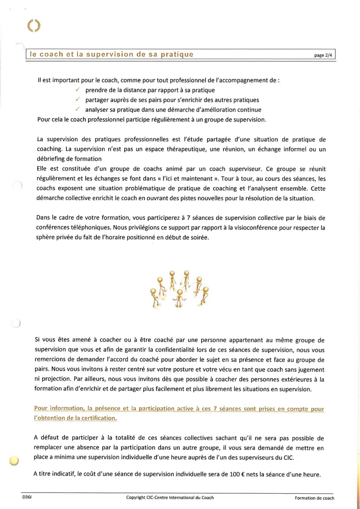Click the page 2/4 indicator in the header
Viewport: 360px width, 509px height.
coord(323,55)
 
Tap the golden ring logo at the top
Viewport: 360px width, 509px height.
coord(34,26)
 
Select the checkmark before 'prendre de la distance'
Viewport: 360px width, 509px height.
coord(78,90)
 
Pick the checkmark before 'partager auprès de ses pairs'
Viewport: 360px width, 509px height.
coord(78,99)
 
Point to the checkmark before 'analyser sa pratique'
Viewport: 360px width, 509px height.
coord(78,109)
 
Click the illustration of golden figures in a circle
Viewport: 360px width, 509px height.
coord(179,289)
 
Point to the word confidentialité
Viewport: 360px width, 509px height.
coord(175,350)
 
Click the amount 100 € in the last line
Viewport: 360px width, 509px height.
coord(237,475)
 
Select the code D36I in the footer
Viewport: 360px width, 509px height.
coord(27,497)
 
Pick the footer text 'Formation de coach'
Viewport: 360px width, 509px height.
coord(314,498)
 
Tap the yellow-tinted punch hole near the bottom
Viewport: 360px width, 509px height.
coord(14,461)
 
